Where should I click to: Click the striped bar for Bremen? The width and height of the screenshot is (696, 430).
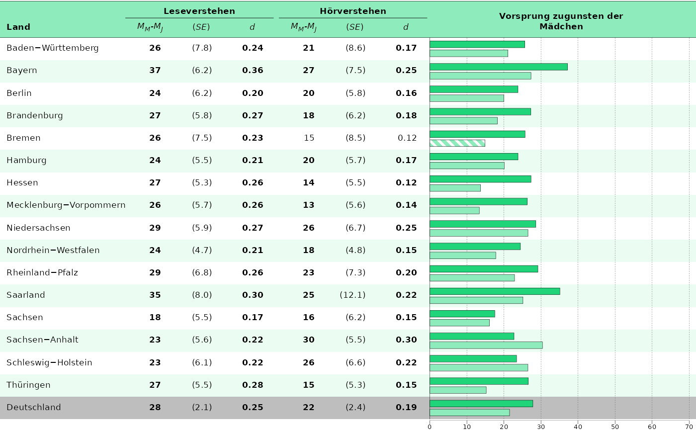click(457, 143)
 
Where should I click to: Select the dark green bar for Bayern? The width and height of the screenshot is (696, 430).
click(498, 67)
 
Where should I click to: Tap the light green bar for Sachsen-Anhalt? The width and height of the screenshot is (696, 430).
click(486, 345)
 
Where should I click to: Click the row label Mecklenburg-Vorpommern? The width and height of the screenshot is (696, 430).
click(66, 205)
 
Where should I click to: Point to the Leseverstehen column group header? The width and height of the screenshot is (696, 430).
click(199, 11)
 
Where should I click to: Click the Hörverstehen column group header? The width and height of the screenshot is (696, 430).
click(353, 11)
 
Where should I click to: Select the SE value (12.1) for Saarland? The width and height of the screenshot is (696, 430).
click(352, 295)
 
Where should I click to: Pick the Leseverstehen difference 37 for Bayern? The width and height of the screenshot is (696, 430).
click(155, 71)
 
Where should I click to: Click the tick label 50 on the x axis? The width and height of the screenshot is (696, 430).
click(615, 426)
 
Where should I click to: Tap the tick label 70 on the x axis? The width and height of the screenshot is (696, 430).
click(689, 426)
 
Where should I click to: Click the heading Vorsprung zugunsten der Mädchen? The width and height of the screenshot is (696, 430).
click(561, 21)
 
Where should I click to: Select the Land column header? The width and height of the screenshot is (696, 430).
click(18, 27)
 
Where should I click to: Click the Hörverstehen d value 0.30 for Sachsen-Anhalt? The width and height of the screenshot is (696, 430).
click(406, 340)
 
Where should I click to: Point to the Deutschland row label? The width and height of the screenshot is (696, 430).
click(34, 407)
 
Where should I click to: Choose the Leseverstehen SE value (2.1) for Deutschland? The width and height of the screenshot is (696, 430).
click(202, 407)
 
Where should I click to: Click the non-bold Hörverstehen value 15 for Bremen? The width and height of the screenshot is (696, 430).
click(309, 138)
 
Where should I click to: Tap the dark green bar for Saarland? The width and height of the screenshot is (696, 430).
click(495, 291)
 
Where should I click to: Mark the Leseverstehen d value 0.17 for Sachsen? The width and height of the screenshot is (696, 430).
click(253, 317)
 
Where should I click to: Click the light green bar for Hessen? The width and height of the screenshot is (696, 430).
click(455, 188)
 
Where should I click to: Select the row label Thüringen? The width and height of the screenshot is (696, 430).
click(28, 385)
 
